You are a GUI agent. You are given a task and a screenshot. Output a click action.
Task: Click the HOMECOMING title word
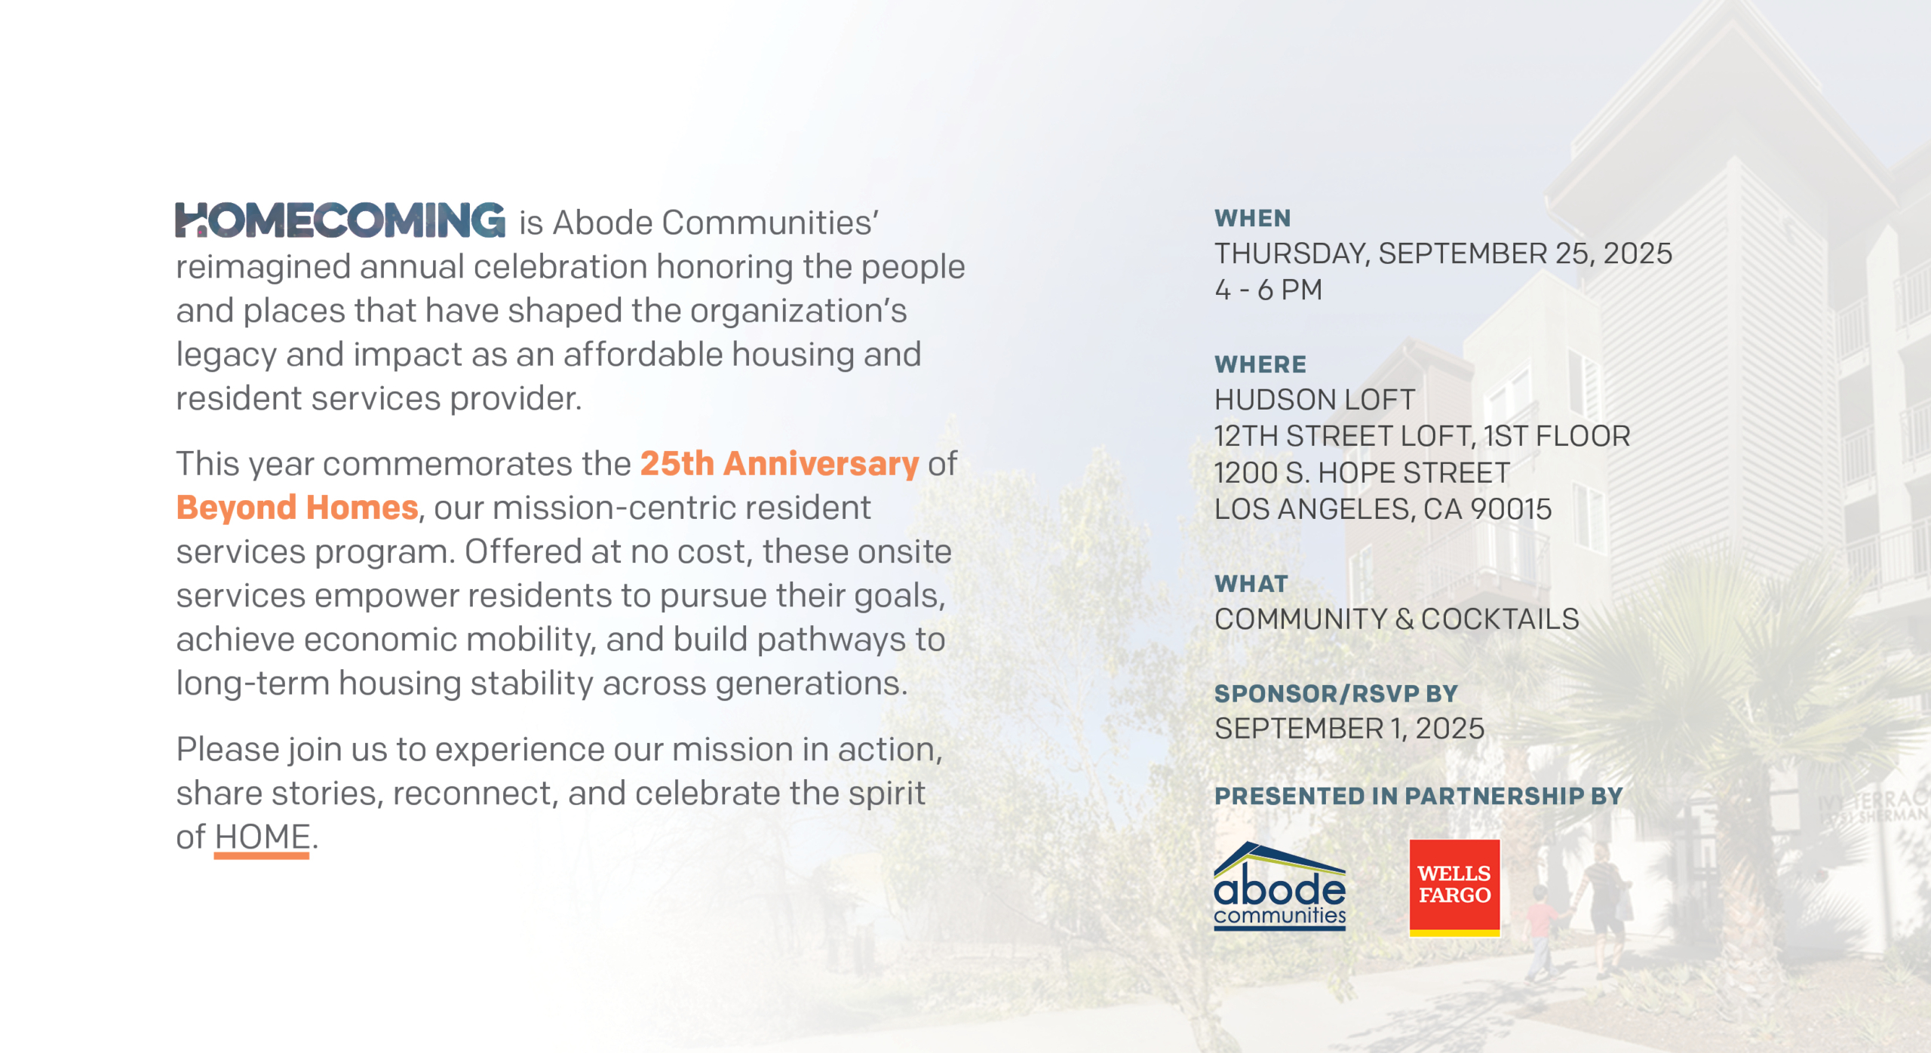(340, 220)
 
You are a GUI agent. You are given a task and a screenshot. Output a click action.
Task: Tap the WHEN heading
(1253, 219)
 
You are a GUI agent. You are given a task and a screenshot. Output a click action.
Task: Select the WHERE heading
(1260, 365)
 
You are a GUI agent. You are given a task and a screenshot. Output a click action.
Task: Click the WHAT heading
(1251, 584)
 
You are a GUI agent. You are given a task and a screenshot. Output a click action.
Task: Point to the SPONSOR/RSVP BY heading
(1336, 694)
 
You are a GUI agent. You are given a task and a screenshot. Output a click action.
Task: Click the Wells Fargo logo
(1454, 888)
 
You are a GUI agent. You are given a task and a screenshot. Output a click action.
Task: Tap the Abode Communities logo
(1279, 886)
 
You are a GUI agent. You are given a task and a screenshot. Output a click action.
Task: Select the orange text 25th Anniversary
(779, 464)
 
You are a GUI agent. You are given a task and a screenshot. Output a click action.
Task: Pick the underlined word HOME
(262, 837)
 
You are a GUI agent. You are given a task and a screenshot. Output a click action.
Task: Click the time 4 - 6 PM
(1269, 290)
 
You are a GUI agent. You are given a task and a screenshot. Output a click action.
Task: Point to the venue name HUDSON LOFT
(1315, 400)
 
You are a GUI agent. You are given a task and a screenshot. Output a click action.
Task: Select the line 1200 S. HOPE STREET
(1362, 473)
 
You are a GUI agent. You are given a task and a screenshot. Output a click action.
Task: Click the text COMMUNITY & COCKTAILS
(1397, 619)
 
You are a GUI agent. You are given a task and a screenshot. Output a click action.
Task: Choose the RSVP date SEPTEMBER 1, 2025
(1349, 729)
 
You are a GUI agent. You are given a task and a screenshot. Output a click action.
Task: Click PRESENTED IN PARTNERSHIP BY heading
(1419, 797)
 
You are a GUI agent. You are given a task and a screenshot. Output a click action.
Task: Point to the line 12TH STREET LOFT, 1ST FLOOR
(1423, 437)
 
